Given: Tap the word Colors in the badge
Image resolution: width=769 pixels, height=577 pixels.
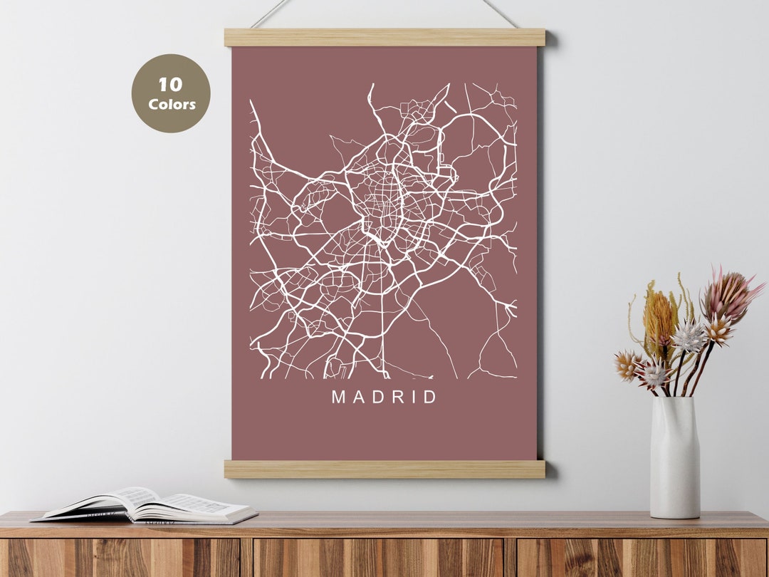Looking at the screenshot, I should (172, 105).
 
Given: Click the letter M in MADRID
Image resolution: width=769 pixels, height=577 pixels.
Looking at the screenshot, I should (339, 397).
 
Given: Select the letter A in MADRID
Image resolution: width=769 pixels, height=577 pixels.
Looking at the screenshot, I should (360, 397).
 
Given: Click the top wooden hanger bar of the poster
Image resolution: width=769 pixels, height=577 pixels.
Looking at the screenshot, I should (384, 38).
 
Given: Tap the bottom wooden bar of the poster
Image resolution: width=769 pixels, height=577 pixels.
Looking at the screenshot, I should (384, 469).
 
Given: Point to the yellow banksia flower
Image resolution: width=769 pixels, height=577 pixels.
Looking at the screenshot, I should (659, 317).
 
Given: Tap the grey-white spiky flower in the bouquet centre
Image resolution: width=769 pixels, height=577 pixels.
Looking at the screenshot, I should (689, 337).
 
